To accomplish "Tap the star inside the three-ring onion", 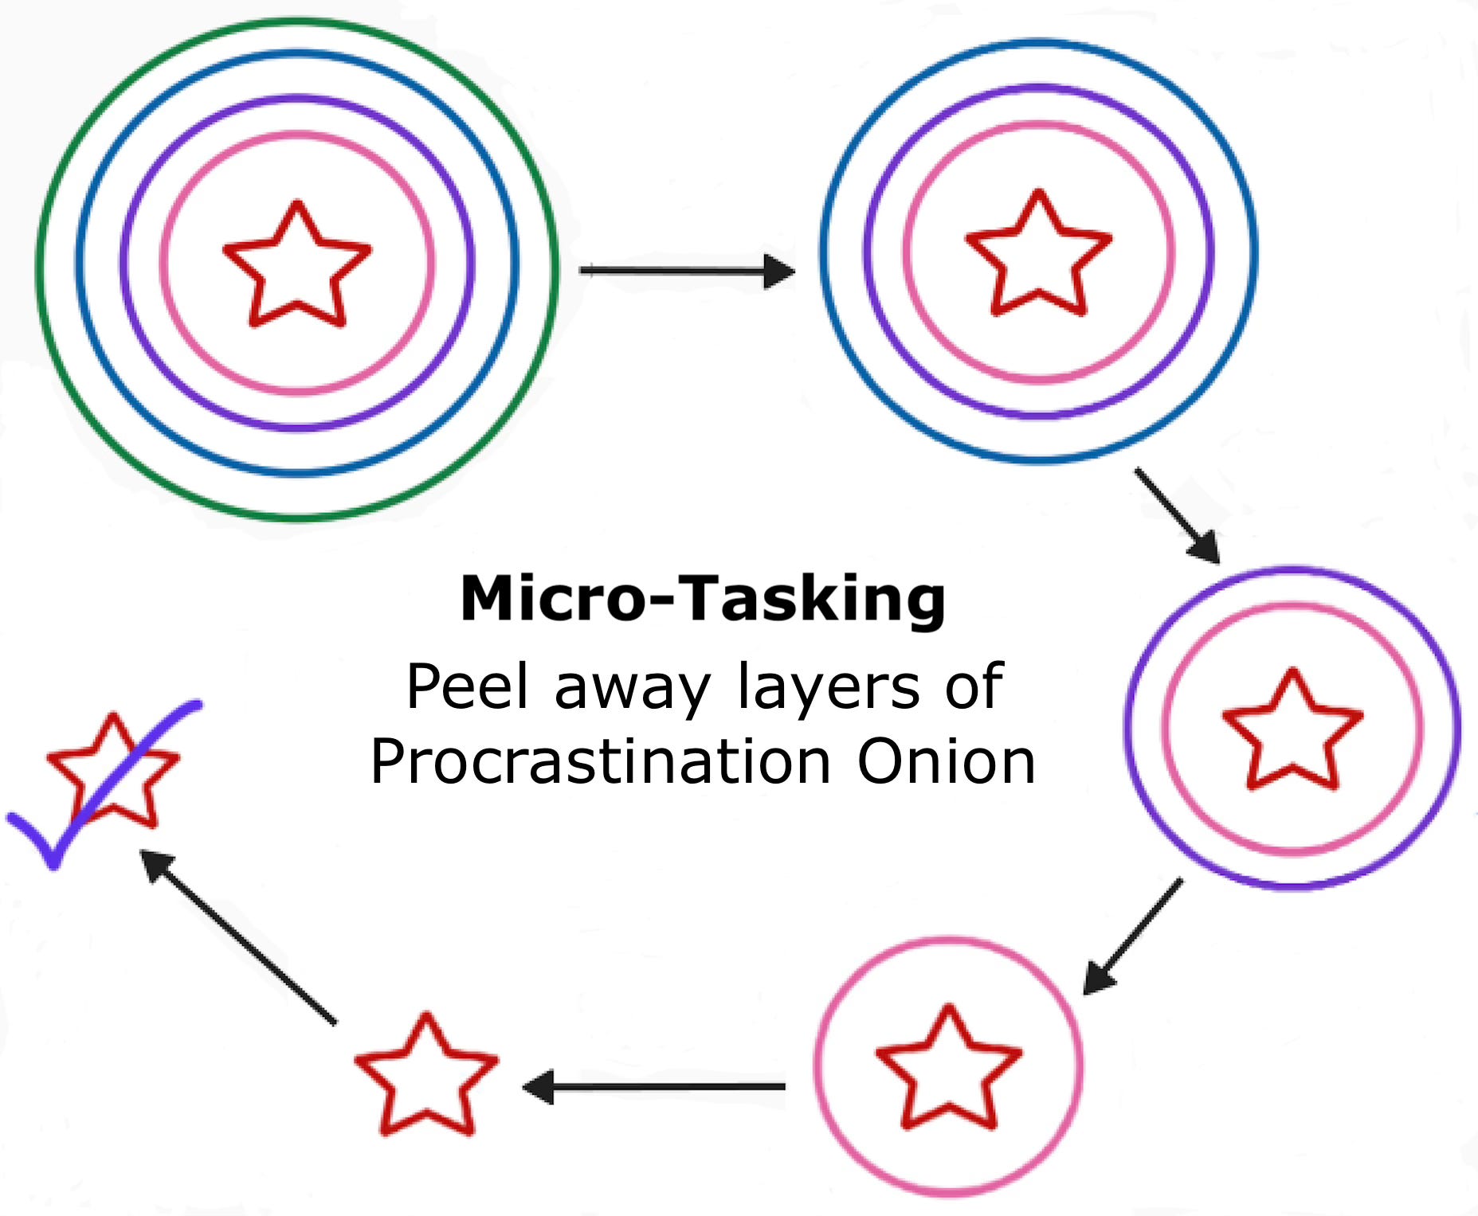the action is pos(1038,255).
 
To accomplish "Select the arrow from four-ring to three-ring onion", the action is pos(685,271).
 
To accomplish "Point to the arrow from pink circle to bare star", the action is pos(653,1086).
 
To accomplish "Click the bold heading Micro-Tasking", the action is pos(703,599).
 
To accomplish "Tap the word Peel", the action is pos(467,686).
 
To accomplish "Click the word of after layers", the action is pos(974,686).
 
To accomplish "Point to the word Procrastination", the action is pos(602,762).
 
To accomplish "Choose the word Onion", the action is pos(946,762).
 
